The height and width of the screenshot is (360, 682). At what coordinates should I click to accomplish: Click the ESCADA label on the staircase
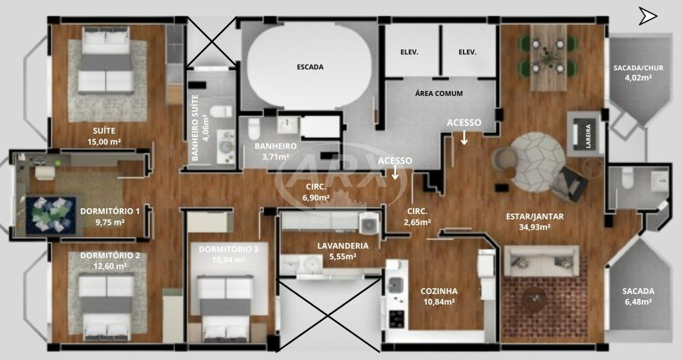coord(310,67)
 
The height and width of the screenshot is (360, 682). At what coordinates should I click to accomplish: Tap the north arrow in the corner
coord(647,16)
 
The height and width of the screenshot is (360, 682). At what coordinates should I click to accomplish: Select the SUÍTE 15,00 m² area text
coord(104,136)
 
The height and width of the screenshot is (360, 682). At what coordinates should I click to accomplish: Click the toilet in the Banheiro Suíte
coord(221,111)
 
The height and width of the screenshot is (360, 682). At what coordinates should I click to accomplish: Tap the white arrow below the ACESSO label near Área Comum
coord(464,137)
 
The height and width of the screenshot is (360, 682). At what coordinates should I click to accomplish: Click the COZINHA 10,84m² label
coord(439,297)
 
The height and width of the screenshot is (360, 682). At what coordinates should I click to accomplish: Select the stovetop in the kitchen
coord(397,319)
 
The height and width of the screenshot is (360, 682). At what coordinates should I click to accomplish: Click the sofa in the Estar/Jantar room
coord(541,261)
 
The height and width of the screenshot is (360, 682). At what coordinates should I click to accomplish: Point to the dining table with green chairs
coord(548,58)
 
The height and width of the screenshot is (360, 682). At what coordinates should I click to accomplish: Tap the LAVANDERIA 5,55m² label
coord(343,251)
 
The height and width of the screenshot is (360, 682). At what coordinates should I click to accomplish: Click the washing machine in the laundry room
coord(369,224)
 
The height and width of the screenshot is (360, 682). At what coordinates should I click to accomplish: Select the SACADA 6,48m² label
coord(638,297)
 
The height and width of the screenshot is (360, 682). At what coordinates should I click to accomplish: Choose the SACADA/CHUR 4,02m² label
coord(638,73)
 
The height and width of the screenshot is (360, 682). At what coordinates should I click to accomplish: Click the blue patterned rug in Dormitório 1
coord(51,216)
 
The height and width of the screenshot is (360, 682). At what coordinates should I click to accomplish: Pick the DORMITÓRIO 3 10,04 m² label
coord(229,255)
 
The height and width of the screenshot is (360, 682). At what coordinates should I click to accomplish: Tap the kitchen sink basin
coord(395,285)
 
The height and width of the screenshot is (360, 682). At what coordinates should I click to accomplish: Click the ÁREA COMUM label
coord(439,93)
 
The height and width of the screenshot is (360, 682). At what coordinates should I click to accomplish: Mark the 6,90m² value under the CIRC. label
coord(316,198)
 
